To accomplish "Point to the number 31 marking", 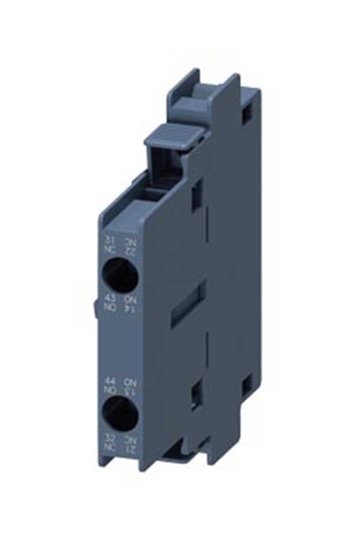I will (110, 241).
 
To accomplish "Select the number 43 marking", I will (110, 298).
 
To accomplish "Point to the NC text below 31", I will (110, 250).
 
